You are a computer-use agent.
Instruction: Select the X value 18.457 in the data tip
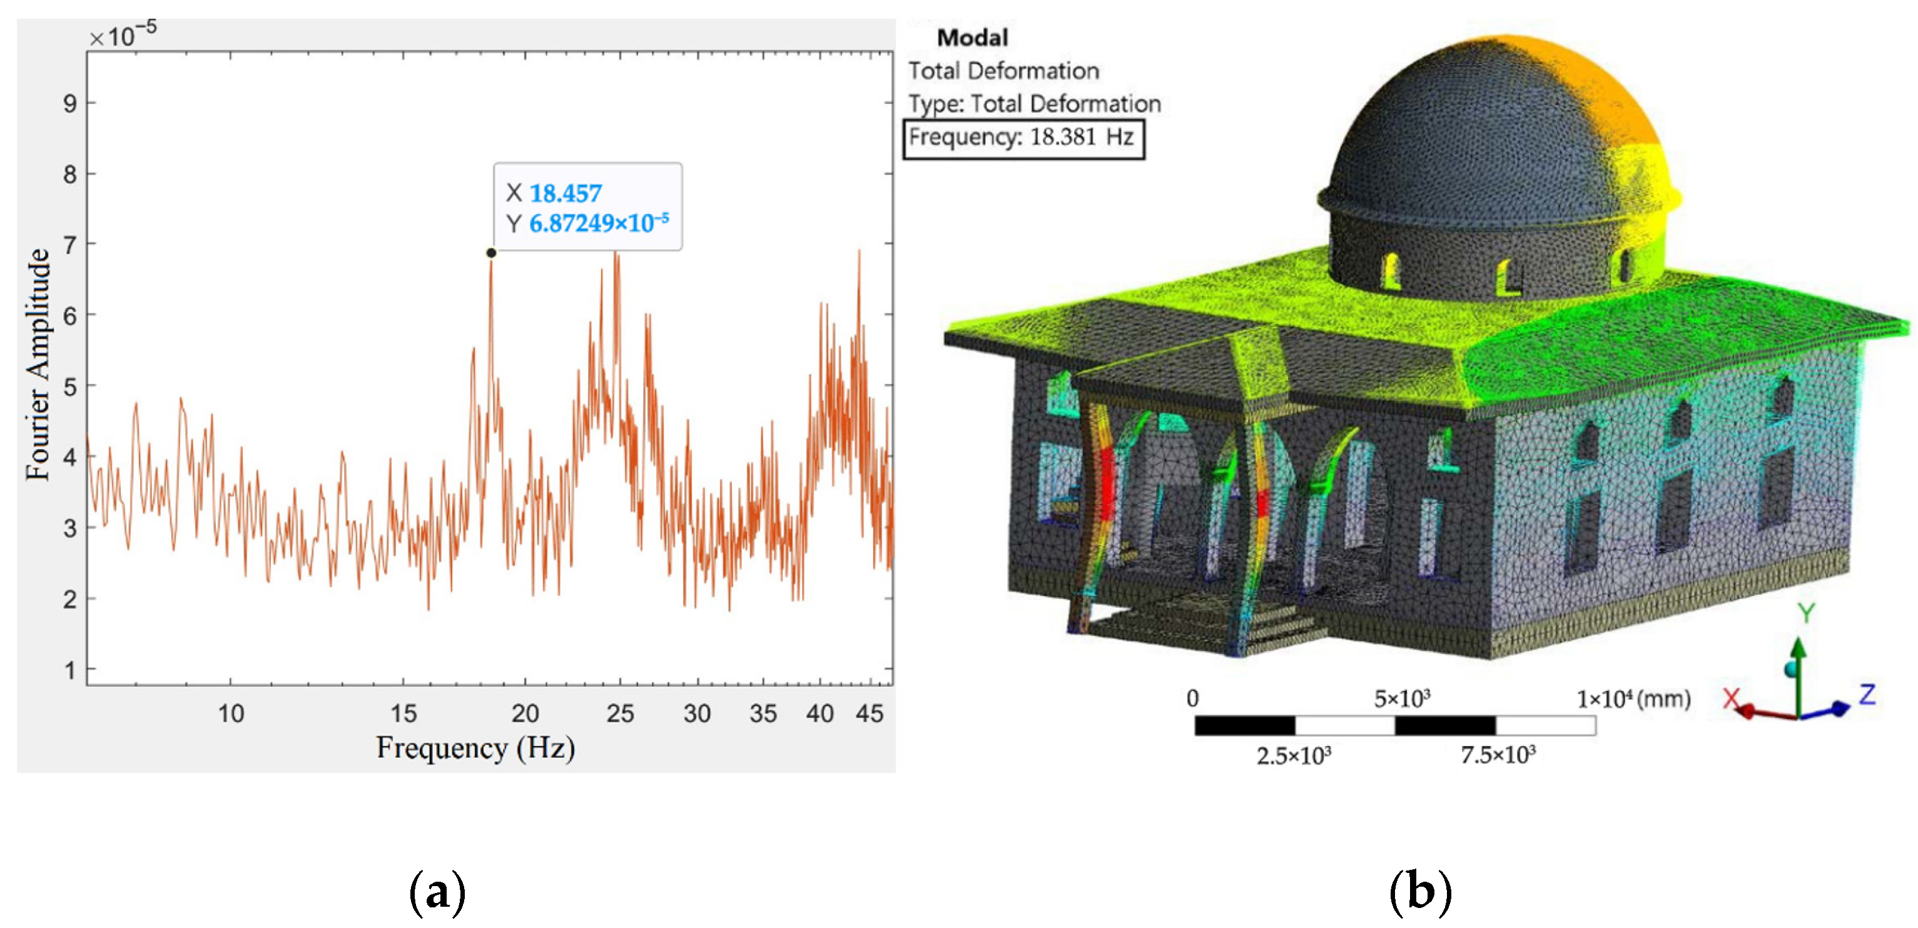click(565, 193)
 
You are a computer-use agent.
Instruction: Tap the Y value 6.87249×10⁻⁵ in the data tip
click(599, 223)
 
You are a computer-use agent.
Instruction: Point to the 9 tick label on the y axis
click(70, 103)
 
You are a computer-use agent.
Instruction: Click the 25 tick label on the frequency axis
click(619, 713)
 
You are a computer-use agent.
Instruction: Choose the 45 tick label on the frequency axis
click(869, 713)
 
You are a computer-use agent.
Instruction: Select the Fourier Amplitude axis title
click(38, 364)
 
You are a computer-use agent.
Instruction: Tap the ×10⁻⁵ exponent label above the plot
click(123, 34)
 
